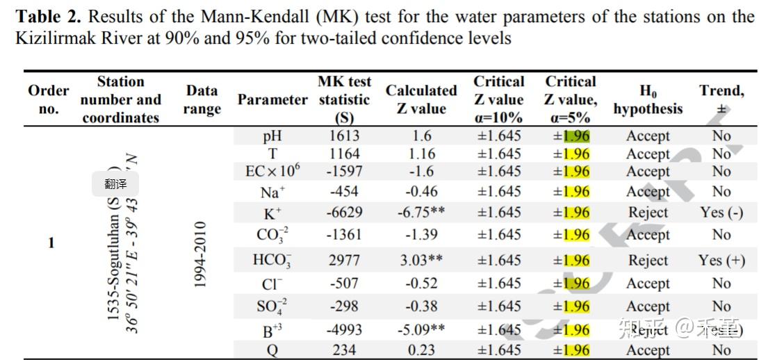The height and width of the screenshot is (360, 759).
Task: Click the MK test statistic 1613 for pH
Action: pos(344,136)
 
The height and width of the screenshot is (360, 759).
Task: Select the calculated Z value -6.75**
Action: pos(422,213)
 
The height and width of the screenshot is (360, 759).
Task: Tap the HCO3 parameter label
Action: pos(272,261)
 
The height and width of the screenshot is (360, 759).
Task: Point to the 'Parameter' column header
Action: pos(272,99)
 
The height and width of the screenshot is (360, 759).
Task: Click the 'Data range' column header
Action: pos(202,99)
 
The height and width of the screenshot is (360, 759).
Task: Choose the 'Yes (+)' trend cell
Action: pos(721,261)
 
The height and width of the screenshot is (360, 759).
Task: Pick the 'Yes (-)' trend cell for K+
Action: pos(721,213)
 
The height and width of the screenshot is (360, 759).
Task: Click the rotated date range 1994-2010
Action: pos(202,255)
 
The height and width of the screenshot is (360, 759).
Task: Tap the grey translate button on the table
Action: pos(115,184)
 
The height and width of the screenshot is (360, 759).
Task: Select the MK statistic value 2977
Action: pos(344,261)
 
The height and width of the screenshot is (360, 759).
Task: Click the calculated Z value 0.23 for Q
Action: pos(422,350)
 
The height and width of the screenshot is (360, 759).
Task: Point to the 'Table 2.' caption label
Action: pos(49,16)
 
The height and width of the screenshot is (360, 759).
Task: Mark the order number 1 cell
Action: pos(51,243)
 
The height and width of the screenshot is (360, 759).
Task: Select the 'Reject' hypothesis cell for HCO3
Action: pos(648,261)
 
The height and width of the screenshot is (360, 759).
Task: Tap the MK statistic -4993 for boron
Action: pos(344,330)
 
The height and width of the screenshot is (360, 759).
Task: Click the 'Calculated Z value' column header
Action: pos(421,99)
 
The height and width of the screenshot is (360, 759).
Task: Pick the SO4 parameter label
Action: pos(272,306)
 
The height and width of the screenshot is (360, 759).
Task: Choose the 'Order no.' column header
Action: pos(49,99)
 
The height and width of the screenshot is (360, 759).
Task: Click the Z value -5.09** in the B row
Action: pos(422,330)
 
